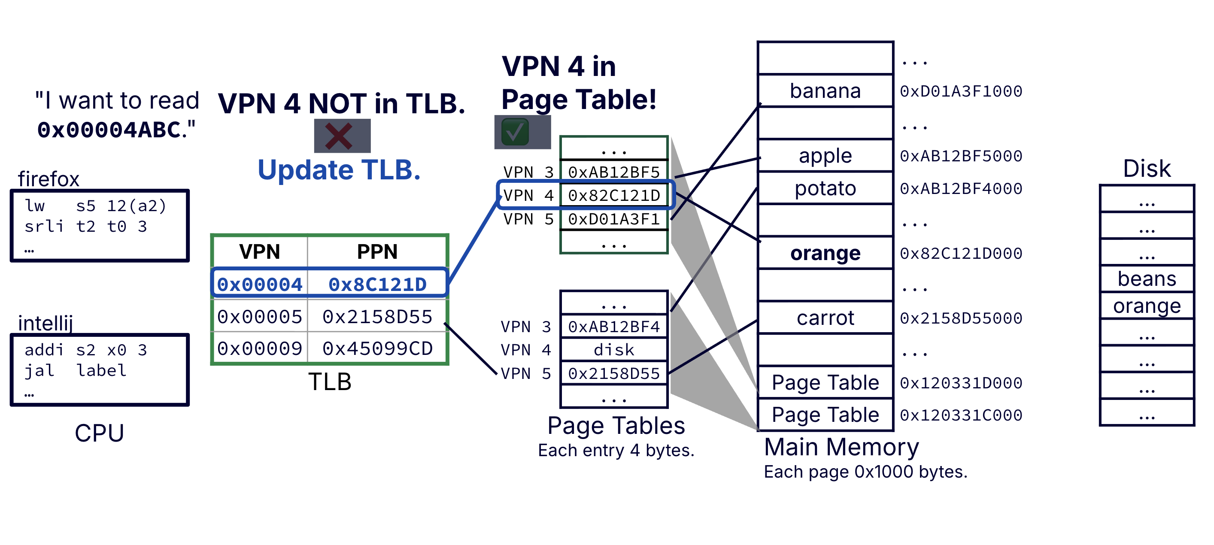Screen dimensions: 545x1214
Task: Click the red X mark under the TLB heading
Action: click(x=339, y=136)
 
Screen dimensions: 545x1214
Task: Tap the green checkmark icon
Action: click(x=515, y=132)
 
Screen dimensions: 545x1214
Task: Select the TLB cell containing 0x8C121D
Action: click(x=377, y=284)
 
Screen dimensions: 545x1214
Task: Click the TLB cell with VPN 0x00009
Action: click(x=260, y=348)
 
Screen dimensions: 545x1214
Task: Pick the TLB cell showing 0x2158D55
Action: click(x=377, y=317)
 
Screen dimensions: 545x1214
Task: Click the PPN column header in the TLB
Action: click(x=377, y=251)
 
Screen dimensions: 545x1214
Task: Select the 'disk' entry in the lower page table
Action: click(x=613, y=350)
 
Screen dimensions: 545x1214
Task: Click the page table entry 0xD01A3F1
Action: click(x=613, y=219)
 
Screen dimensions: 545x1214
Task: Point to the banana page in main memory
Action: click(x=825, y=91)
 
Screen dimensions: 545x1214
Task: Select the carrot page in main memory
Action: click(x=825, y=318)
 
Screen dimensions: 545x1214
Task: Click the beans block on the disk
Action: click(x=1146, y=279)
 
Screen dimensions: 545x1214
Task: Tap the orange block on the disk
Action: click(x=1146, y=306)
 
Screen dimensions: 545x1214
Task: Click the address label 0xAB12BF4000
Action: click(x=960, y=189)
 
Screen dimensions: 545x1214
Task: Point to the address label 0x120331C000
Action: click(x=960, y=415)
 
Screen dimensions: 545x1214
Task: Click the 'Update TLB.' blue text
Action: click(x=339, y=170)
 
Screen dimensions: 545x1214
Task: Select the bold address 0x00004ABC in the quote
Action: click(x=109, y=130)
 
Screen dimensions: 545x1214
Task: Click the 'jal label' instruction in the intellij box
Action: click(x=76, y=371)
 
